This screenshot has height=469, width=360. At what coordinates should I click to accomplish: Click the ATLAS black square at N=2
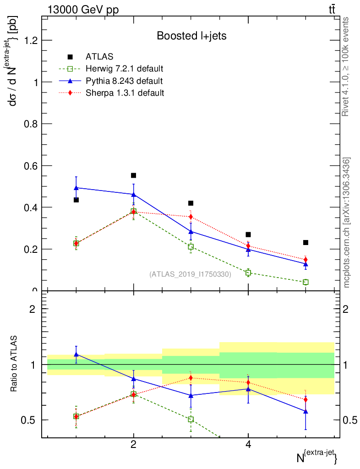[134, 175]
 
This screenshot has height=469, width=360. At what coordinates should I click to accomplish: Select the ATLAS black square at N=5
[305, 242]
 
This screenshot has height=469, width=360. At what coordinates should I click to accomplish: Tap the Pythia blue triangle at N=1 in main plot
[76, 188]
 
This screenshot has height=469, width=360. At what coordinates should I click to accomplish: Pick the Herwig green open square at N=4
[248, 273]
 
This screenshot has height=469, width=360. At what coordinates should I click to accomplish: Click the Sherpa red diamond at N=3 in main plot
[191, 217]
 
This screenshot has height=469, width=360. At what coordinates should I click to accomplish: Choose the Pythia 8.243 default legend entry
[124, 81]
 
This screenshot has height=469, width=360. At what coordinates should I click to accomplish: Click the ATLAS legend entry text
[99, 57]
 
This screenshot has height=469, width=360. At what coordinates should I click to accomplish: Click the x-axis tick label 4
[248, 444]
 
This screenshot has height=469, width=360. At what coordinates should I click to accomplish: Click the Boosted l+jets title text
[191, 35]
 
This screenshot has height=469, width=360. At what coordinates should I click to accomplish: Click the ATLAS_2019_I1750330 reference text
[190, 274]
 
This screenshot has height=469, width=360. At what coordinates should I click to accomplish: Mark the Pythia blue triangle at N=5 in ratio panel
[305, 411]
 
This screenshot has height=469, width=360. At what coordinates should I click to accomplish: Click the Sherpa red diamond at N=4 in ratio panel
[248, 382]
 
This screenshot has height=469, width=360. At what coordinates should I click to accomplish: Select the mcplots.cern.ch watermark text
[347, 222]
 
